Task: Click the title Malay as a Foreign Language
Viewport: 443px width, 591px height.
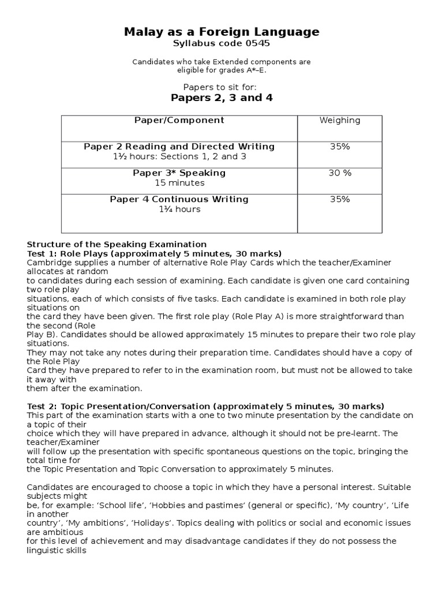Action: [x=221, y=32]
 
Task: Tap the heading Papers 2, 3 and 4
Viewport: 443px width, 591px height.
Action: [x=221, y=98]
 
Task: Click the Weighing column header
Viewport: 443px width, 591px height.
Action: [x=340, y=120]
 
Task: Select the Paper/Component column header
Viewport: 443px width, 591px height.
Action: [x=179, y=120]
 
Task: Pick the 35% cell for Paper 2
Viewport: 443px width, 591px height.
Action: [x=340, y=147]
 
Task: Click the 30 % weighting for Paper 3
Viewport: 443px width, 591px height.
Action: [x=340, y=173]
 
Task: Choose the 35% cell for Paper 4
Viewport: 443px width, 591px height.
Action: [x=340, y=199]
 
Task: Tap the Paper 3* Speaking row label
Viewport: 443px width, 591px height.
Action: [x=179, y=173]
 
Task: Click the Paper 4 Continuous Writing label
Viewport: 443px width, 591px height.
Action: [x=179, y=199]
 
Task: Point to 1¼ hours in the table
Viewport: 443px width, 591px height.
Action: [x=179, y=210]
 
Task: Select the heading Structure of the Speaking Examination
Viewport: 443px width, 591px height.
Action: [x=117, y=244]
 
